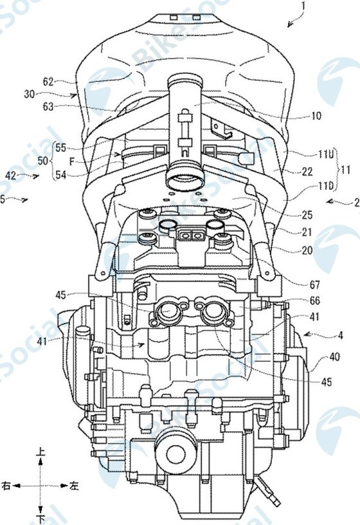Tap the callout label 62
point(49,82)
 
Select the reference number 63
point(49,107)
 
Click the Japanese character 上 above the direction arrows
point(42,454)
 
